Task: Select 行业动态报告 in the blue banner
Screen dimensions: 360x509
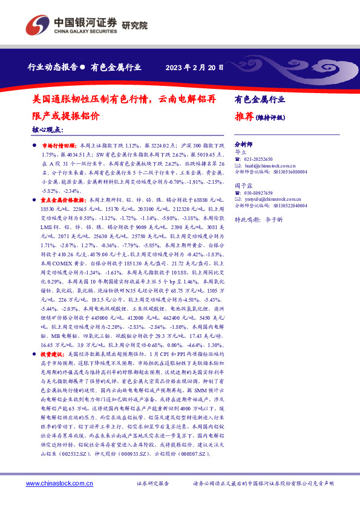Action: [x=53, y=67]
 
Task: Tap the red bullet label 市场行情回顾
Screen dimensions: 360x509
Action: [x=59, y=146]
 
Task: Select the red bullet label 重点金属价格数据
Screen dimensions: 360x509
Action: [x=64, y=198]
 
